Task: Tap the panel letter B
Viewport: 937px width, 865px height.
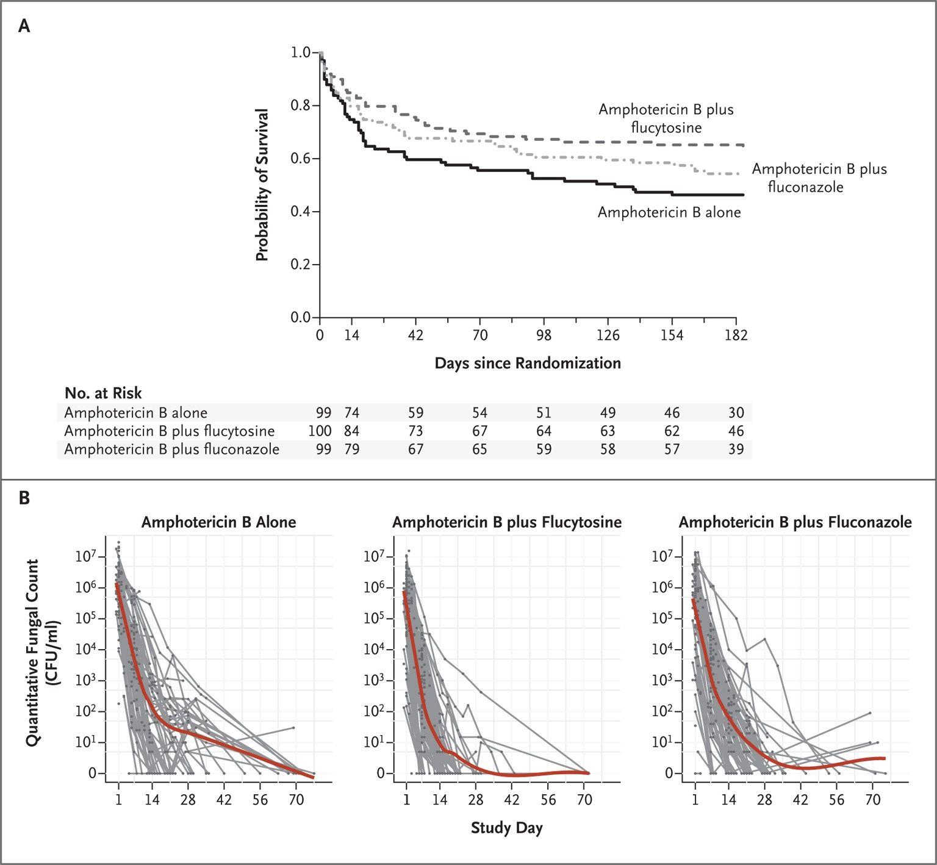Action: [x=24, y=498]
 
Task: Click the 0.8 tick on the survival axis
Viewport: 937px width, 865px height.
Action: [x=300, y=106]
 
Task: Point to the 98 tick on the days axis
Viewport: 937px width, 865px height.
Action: [x=544, y=335]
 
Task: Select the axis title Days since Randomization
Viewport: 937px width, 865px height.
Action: [x=528, y=364]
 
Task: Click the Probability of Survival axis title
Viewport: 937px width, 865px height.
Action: [x=262, y=185]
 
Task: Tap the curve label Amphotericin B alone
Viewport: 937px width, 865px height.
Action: [x=669, y=212]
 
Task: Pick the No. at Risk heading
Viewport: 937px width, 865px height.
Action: [x=103, y=393]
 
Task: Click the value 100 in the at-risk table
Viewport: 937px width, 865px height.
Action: [x=320, y=431]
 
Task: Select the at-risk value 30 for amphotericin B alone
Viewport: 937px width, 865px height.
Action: [x=736, y=413]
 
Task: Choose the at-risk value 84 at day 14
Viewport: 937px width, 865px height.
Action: [x=351, y=431]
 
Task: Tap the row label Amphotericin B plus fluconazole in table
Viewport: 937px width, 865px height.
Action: [x=172, y=450]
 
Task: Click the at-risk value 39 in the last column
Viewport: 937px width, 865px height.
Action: [x=736, y=450]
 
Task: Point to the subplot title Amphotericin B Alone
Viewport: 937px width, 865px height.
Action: [x=219, y=522]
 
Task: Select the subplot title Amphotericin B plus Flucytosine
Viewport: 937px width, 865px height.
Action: [x=507, y=522]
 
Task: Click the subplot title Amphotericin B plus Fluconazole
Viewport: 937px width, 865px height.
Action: [x=795, y=522]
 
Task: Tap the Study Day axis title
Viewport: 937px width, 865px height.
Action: [x=507, y=828]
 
